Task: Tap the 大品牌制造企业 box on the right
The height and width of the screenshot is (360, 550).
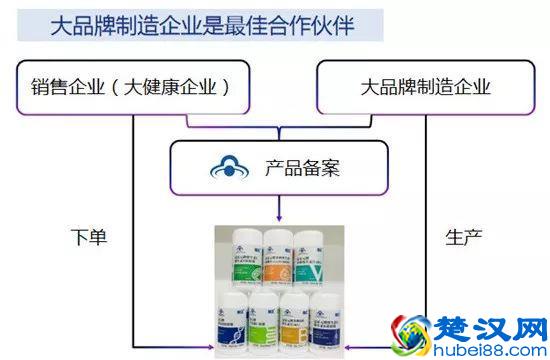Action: [425, 86]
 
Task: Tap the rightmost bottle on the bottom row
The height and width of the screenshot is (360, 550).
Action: [323, 321]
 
